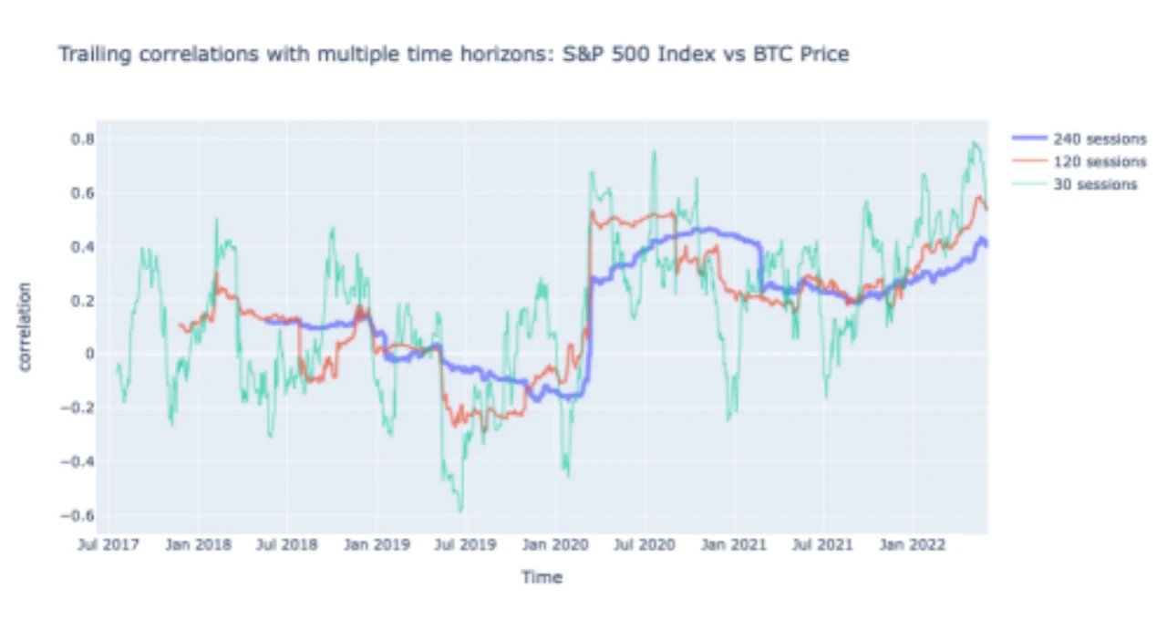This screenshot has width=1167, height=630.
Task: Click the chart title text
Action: click(453, 55)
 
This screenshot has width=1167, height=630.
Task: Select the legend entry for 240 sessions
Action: click(1100, 139)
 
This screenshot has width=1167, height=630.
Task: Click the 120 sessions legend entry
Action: click(1100, 161)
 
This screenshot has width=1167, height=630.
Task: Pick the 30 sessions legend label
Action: click(1094, 184)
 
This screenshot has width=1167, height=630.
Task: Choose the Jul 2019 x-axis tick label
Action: click(466, 545)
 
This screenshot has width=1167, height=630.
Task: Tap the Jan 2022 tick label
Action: click(905, 545)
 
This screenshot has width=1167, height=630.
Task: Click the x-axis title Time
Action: click(542, 577)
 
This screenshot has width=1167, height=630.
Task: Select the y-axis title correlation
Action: click(26, 326)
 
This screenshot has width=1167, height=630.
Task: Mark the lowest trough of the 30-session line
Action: click(460, 511)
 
